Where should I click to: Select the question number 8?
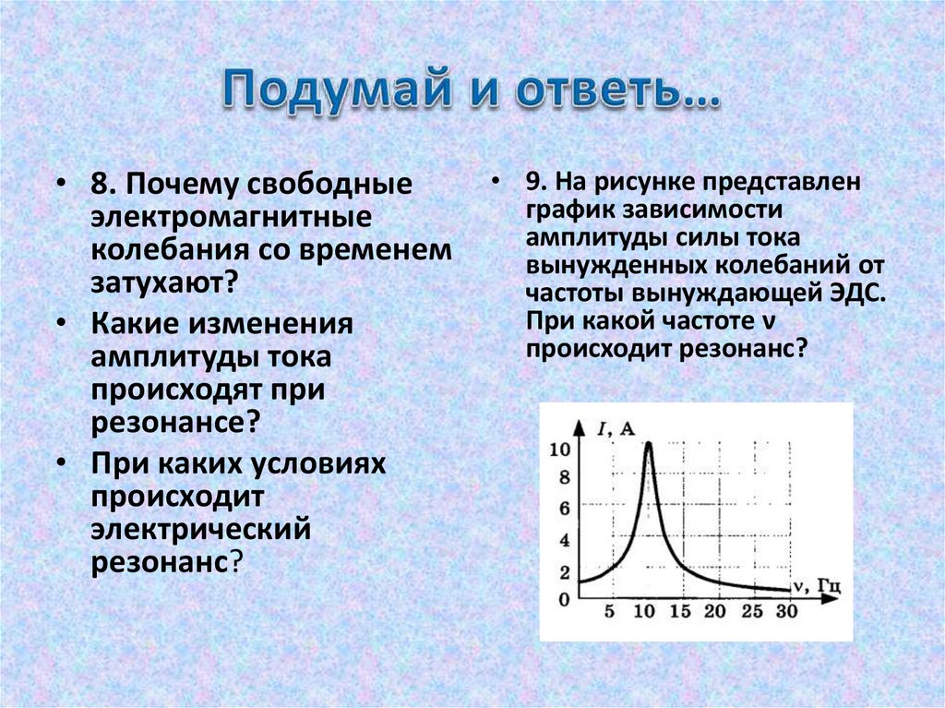coord(102,185)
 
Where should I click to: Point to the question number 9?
coord(536,184)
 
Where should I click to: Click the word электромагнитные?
coord(230,218)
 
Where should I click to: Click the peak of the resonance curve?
coord(648,444)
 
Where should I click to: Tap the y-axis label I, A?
coord(616,426)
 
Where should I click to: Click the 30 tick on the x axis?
coord(786,610)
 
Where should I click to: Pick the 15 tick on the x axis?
coord(680,610)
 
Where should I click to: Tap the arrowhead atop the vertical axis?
coord(580,426)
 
